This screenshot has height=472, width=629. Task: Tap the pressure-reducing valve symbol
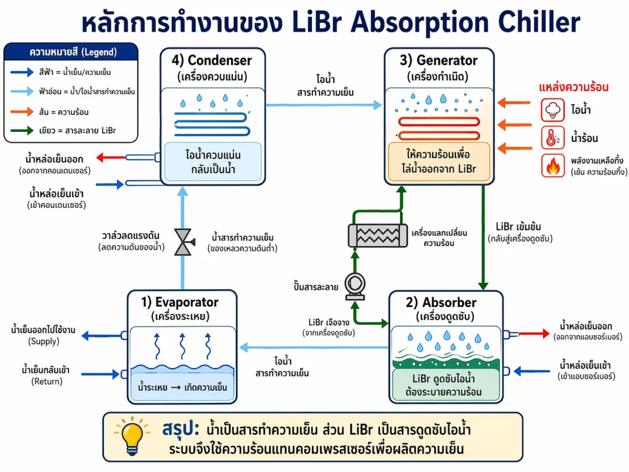click(183, 242)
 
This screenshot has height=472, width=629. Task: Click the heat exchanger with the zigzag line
click(378, 235)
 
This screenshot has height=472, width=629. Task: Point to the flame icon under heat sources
click(552, 166)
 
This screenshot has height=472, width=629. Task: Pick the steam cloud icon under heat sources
click(552, 111)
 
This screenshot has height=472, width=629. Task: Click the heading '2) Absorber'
click(446, 303)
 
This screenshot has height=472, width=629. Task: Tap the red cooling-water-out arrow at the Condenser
click(111, 157)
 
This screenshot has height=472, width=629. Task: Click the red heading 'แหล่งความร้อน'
click(574, 87)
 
